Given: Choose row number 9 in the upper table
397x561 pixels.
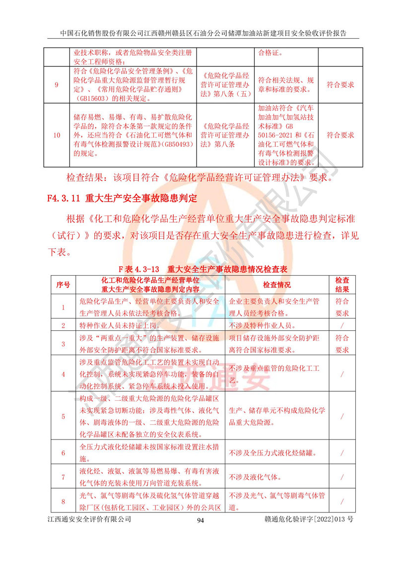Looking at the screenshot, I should pos(57,85).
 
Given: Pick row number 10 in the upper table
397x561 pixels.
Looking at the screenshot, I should pos(57,135).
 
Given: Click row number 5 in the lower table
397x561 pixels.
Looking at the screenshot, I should pos(63,417).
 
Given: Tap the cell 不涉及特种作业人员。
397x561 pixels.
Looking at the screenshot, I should pos(263,326).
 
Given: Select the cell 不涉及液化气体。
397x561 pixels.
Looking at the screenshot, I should pos(255,477).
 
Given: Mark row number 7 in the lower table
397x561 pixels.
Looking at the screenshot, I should pos(63,477).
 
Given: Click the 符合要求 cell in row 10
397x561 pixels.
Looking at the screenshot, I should pos(340,135).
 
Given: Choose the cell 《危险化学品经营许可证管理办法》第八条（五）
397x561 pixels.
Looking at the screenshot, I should pos(225,85).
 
